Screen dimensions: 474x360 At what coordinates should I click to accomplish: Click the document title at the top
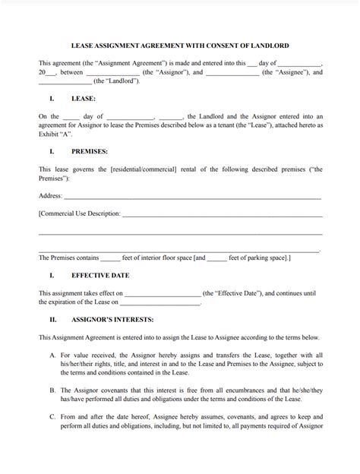[x=179, y=46]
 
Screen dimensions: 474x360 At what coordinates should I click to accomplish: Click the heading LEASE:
[x=83, y=99]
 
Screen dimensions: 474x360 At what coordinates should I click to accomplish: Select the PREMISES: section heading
[x=90, y=152]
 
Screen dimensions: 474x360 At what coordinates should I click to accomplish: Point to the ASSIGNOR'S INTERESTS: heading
[x=112, y=320]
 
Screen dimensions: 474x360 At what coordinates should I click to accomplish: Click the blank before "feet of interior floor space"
[x=110, y=258]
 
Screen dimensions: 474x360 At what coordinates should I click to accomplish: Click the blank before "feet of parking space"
[x=216, y=258]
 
